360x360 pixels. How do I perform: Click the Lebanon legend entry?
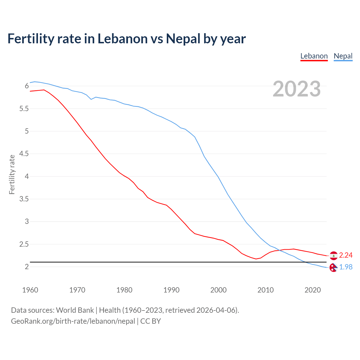314,56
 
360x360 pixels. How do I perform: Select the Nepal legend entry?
343,56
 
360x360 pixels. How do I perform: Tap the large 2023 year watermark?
296,89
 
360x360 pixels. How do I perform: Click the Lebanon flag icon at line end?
334,255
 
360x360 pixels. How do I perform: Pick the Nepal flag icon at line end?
333,267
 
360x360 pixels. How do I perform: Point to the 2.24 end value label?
346,255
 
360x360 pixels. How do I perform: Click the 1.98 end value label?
346,267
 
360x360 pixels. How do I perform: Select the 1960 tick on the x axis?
30,290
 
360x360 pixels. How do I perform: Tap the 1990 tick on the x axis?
171,290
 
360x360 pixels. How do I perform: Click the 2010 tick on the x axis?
265,290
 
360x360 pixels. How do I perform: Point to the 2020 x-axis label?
312,290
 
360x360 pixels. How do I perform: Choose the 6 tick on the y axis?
27,86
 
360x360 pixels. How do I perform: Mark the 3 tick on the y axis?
27,221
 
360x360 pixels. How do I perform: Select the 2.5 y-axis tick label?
24,244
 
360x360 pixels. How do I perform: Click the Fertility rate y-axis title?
12,174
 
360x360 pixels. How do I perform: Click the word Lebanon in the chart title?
122,39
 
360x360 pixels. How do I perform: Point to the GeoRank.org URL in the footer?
73,321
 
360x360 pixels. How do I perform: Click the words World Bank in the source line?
75,310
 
